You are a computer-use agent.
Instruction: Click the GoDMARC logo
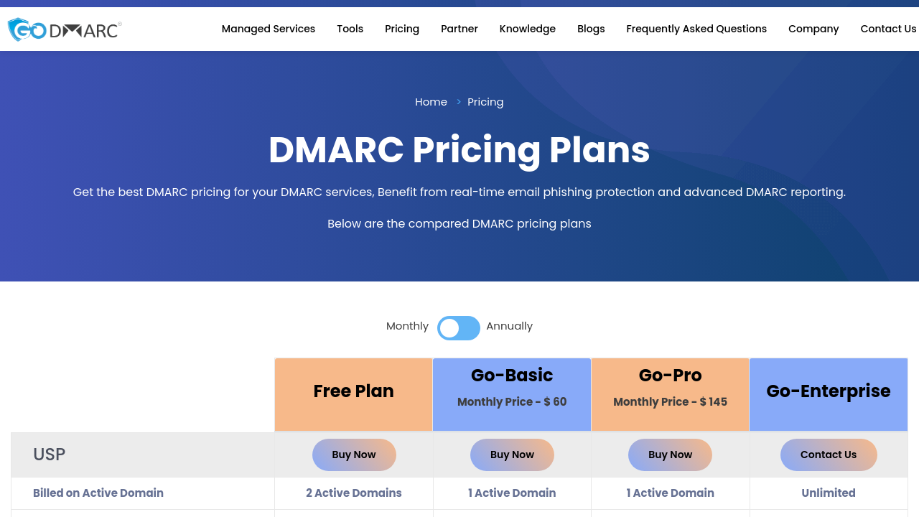[x=65, y=29]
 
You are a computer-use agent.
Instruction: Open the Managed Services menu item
[x=269, y=29]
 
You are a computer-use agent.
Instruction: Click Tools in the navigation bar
[x=350, y=29]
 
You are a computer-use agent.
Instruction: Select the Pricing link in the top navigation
[x=402, y=29]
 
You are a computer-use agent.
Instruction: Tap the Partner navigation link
[x=459, y=29]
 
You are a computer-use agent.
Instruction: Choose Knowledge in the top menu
[x=527, y=29]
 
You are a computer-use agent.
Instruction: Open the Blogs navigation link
[x=591, y=29]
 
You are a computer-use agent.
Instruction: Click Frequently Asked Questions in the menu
[x=696, y=29]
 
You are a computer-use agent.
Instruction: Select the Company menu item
[x=813, y=29]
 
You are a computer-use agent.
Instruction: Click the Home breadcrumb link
[x=431, y=102]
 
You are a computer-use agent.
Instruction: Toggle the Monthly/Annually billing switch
[x=458, y=328]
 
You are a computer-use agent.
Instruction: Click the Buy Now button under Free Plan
[x=354, y=455]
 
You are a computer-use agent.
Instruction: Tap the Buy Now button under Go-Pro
[x=670, y=455]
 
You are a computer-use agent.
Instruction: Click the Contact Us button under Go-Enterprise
[x=829, y=455]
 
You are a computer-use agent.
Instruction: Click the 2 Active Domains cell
[x=354, y=493]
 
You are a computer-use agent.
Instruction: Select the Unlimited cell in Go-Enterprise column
[x=829, y=493]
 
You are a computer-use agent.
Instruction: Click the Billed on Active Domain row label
[x=98, y=493]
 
